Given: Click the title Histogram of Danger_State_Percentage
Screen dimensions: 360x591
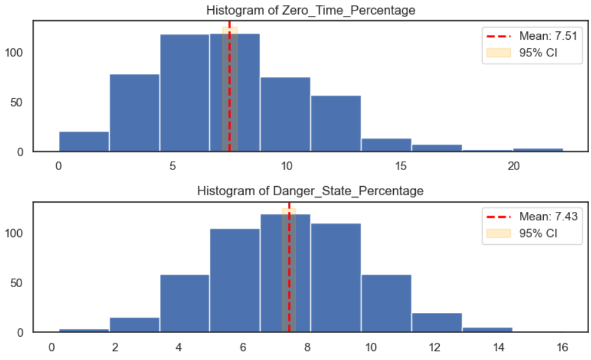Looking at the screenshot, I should coord(310,191).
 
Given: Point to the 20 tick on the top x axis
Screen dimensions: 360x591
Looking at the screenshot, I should coord(513,166).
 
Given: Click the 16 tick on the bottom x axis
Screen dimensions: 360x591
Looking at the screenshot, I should coord(562,347).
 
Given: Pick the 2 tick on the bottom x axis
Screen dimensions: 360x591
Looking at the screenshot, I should coord(115,347).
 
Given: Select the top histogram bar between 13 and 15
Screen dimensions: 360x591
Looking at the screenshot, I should coord(386,145).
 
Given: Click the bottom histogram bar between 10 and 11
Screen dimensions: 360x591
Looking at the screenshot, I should coord(386,304).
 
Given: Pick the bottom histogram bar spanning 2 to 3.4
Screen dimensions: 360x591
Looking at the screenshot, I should coord(135,325).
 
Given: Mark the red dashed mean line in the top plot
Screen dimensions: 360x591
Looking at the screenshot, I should coord(230,92).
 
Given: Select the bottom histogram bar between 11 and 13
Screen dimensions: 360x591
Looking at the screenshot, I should coord(437,323).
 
